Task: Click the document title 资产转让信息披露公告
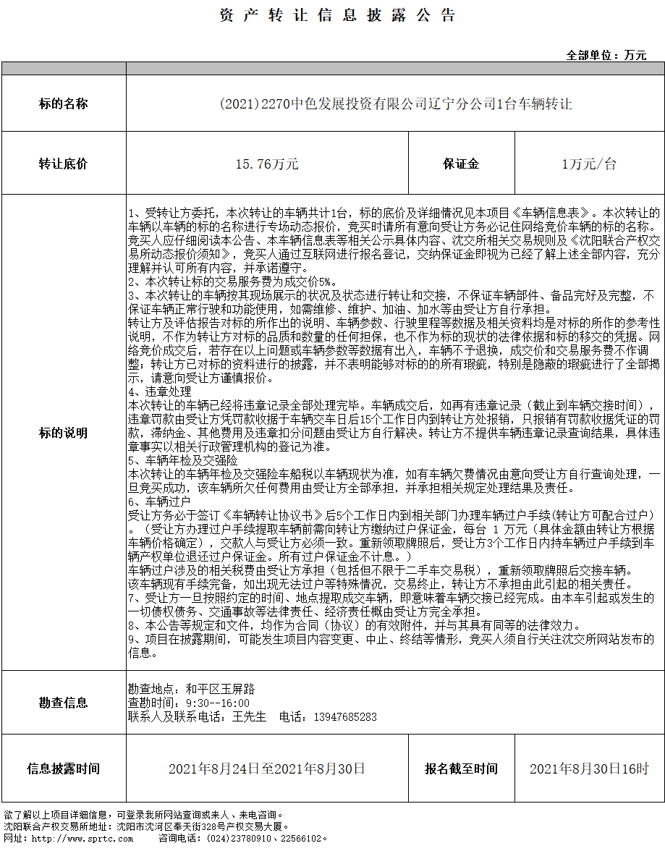point(337,16)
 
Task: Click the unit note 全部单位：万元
point(606,55)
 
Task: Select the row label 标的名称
point(63,104)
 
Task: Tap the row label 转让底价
point(63,164)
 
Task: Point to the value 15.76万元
point(267,164)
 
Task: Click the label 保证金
point(461,164)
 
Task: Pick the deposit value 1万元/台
point(589,164)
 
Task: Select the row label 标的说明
point(63,433)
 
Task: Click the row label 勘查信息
point(63,702)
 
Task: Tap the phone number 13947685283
point(344,716)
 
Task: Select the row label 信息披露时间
point(63,769)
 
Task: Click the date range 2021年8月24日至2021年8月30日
point(267,769)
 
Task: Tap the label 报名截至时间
point(461,769)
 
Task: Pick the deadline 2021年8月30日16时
point(589,769)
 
